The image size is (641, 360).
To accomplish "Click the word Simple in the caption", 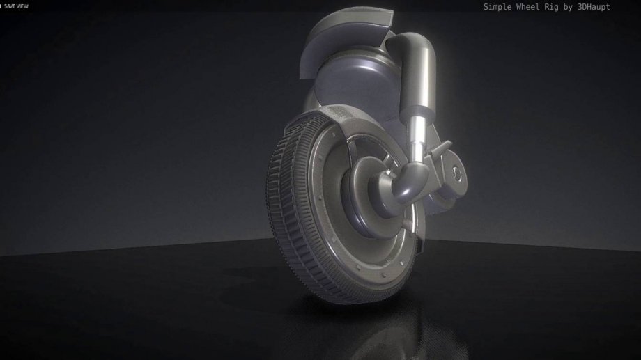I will click(x=498, y=7).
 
